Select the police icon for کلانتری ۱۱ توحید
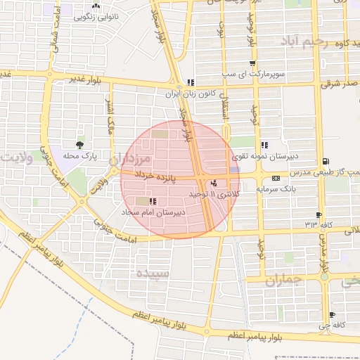214,183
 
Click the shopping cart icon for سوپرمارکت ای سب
252,63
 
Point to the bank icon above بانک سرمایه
275,178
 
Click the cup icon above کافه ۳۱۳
320,215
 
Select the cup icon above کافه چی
331,314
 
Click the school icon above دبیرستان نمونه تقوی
264,144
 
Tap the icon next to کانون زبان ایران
191,82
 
